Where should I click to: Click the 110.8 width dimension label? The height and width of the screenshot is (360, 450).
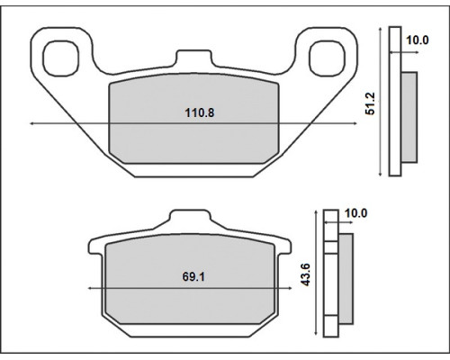[x=200, y=113]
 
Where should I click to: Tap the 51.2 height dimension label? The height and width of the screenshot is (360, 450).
[x=370, y=103]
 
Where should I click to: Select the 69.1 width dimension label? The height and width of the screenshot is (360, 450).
[x=193, y=276]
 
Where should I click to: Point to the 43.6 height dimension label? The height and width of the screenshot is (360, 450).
[x=306, y=274]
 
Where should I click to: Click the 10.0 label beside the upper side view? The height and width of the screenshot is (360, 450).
[x=418, y=40]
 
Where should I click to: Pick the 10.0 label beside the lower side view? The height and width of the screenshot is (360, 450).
[x=355, y=213]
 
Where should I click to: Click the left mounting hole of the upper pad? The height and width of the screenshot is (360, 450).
[x=61, y=58]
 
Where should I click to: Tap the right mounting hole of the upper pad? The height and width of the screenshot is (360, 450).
[x=328, y=58]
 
